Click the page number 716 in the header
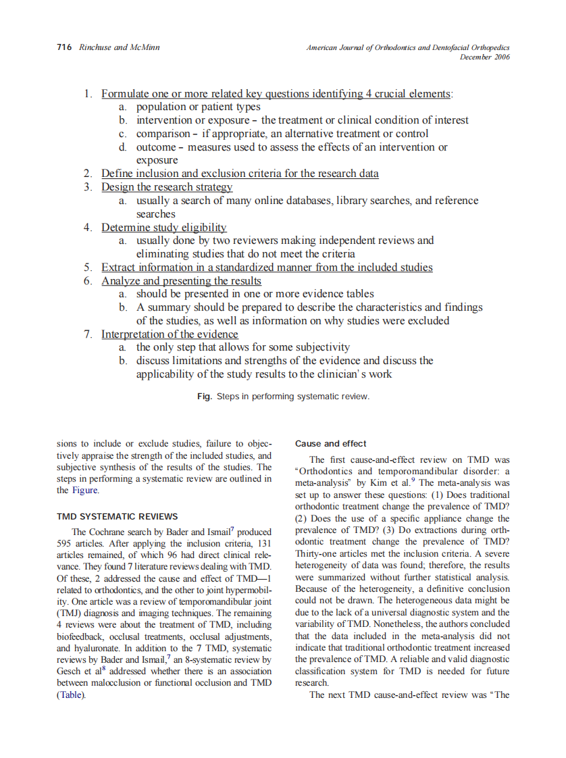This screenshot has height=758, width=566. pyautogui.click(x=64, y=47)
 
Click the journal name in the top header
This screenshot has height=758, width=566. pyautogui.click(x=407, y=47)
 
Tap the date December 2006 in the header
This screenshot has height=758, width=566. pyautogui.click(x=484, y=57)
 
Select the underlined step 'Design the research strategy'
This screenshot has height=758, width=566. pyautogui.click(x=167, y=187)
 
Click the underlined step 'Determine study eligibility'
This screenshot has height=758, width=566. pyautogui.click(x=164, y=228)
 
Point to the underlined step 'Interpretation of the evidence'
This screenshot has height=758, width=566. pyautogui.click(x=170, y=334)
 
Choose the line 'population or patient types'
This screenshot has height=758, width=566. pyautogui.click(x=198, y=107)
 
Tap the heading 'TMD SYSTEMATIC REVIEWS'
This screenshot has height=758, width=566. pyautogui.click(x=117, y=517)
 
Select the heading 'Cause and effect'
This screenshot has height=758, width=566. pyautogui.click(x=331, y=444)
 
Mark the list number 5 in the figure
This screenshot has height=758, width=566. pyautogui.click(x=88, y=268)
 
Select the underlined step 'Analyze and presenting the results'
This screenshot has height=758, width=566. pyautogui.click(x=181, y=281)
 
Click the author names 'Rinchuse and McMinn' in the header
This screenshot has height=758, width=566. pyautogui.click(x=120, y=47)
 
